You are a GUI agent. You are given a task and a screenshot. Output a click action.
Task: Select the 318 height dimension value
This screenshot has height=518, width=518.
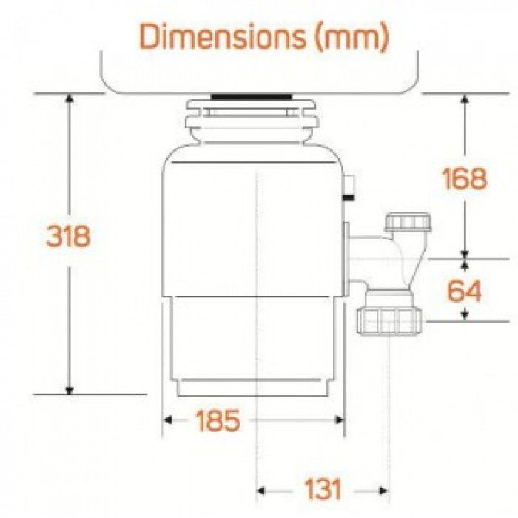tap(68, 236)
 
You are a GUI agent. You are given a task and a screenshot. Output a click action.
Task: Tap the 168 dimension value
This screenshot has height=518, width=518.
tap(464, 178)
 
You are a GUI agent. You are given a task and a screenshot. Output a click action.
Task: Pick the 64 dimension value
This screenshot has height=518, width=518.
tap(464, 291)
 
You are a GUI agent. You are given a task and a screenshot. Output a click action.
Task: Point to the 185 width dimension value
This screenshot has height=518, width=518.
tap(218, 421)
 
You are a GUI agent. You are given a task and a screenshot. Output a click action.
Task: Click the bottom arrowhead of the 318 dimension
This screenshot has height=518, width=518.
tap(69, 389)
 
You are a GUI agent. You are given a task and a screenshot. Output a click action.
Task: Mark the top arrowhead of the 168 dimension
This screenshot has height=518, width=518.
tap(464, 100)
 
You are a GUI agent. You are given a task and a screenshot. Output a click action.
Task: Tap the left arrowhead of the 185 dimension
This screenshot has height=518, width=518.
tap(168, 421)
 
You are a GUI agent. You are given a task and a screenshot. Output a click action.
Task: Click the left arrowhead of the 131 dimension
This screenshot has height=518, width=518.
tap(262, 490)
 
